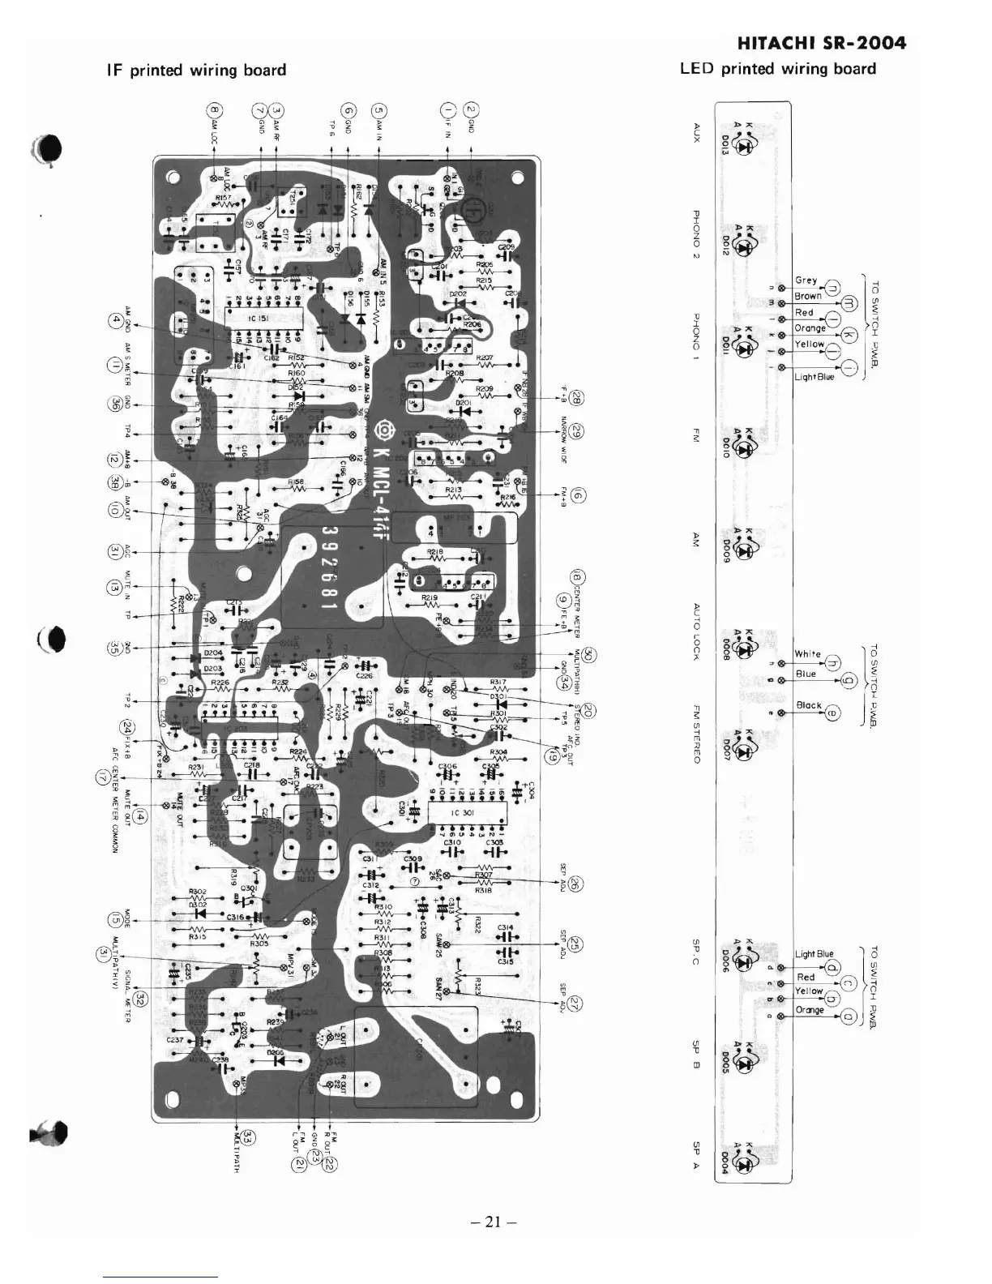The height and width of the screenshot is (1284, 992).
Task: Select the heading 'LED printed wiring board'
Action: [x=778, y=69]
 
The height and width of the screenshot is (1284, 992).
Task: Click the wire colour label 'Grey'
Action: [x=806, y=280]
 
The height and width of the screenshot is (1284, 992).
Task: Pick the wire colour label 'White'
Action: [x=807, y=653]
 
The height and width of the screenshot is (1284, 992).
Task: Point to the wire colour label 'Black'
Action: [x=808, y=705]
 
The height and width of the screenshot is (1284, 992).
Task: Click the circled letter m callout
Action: [x=850, y=303]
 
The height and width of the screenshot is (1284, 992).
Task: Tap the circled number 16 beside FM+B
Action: [x=579, y=496]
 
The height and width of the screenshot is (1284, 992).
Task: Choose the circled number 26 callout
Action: [x=575, y=884]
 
